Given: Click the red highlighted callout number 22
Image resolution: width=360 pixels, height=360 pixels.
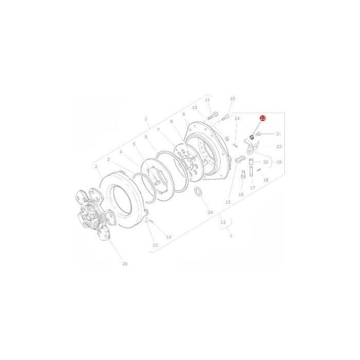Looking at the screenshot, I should point(262,118).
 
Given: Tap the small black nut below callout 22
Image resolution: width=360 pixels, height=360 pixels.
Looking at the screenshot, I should point(251,137).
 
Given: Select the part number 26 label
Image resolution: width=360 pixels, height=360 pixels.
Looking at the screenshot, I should point(124,264).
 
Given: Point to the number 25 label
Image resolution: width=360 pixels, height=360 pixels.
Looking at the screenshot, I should point(232,99).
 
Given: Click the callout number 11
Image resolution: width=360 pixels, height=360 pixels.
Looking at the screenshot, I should point(207,100).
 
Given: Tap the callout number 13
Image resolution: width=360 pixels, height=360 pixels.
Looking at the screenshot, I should point(155,246).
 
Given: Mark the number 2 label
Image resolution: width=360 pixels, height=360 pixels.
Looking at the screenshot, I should point(96,167).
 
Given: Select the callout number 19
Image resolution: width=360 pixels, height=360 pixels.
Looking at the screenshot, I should point(279,162).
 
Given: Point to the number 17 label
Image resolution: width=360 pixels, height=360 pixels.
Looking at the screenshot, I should point(253,188).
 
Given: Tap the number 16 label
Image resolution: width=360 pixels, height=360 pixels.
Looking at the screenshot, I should point(240,195).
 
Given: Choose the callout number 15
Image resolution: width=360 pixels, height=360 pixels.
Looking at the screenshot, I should point(228,203).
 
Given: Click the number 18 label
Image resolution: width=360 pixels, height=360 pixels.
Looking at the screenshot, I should point(266,180).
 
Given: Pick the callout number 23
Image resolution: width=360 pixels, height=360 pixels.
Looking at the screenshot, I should point(279,147).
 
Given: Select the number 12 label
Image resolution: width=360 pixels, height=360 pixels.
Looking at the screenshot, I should point(223,223).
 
